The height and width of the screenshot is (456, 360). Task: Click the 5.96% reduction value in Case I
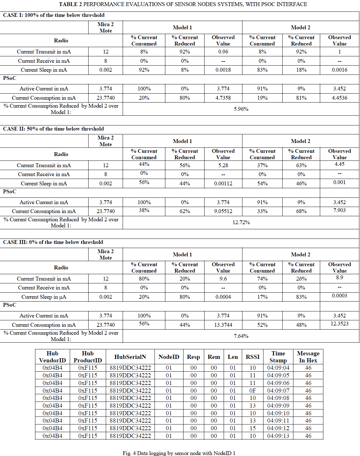coord(241,109)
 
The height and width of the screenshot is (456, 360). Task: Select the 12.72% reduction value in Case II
coord(241,222)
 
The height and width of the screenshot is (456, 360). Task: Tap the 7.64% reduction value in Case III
coord(241,336)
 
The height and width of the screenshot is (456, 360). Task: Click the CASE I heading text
coord(54,15)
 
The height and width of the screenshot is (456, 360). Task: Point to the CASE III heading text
coord(53,242)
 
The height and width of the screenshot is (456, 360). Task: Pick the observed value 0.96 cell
coord(223,52)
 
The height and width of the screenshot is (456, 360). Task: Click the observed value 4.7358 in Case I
coord(223,98)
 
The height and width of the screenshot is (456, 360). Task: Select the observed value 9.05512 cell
coord(223,211)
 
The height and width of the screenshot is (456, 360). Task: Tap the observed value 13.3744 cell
coord(223,325)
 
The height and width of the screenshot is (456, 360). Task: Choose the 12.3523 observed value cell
coord(339,324)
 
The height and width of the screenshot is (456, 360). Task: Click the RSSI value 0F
coord(253,390)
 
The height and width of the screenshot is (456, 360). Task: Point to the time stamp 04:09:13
coord(278,436)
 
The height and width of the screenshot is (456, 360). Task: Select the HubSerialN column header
coord(130,357)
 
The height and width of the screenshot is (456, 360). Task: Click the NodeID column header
coord(169,357)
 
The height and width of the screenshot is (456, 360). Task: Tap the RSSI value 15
coord(253,428)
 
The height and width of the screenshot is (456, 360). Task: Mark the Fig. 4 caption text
coord(179,453)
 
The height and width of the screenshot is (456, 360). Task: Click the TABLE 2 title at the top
coord(183,4)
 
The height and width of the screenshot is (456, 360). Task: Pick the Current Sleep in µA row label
coord(44,297)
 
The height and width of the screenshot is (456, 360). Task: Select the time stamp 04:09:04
coord(278,368)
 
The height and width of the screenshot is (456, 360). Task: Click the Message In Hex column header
coord(308,357)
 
